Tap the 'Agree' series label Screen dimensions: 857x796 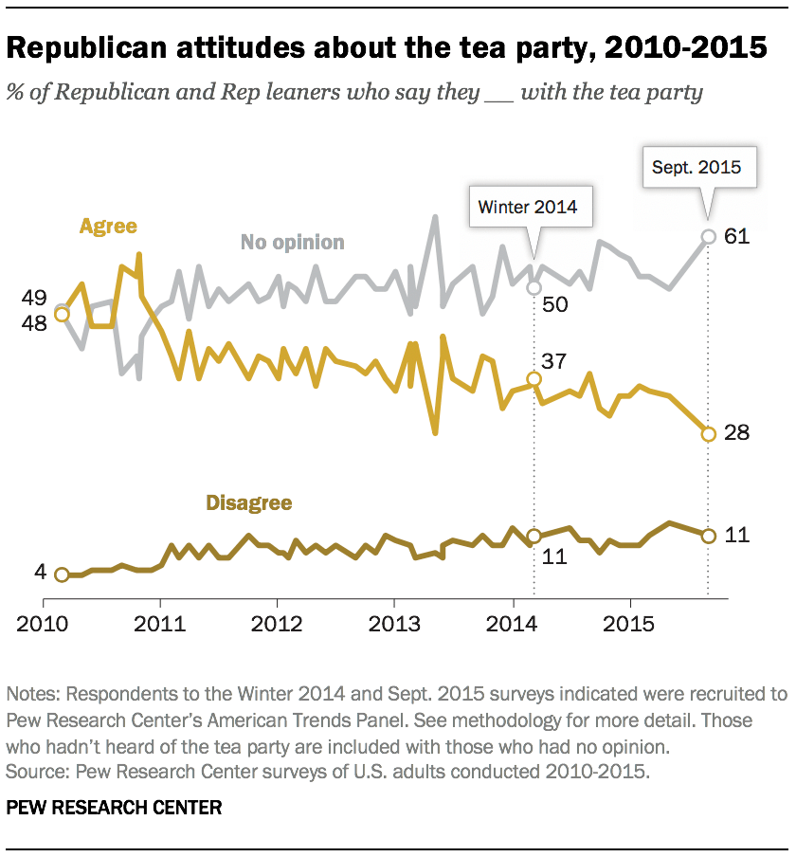coord(108,227)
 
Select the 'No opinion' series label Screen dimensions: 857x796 coord(292,242)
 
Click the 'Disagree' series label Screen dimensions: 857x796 coord(249,502)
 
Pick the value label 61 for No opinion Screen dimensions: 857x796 coord(737,237)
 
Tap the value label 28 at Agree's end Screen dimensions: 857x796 coord(737,433)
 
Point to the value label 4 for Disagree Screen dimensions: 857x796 coord(40,573)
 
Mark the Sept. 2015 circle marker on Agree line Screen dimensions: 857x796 coord(708,434)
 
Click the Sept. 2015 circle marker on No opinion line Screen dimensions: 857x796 coord(708,237)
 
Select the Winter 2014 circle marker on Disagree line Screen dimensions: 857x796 coord(534,536)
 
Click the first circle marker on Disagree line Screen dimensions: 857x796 coord(62,574)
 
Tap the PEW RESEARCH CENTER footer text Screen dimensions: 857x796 coord(114,808)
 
